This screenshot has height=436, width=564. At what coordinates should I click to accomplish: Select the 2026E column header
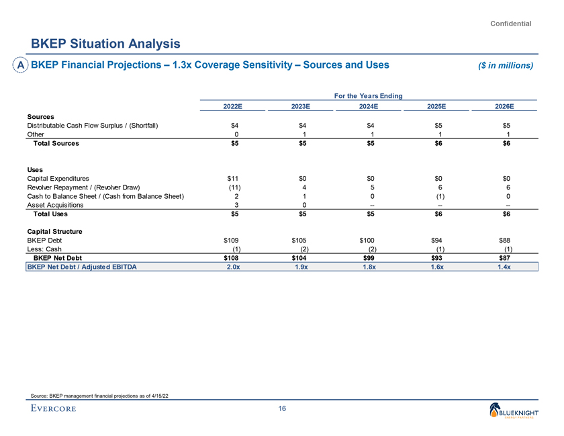[504, 106]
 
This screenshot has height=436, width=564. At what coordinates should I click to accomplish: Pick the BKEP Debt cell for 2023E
[300, 240]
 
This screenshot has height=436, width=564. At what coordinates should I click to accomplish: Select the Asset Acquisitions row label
[56, 205]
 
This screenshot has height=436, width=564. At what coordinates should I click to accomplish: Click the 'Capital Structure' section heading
[54, 231]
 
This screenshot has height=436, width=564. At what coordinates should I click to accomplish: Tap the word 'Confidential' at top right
[511, 24]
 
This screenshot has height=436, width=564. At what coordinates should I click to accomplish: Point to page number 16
[282, 410]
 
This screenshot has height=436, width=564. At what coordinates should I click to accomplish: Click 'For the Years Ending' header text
[368, 95]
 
